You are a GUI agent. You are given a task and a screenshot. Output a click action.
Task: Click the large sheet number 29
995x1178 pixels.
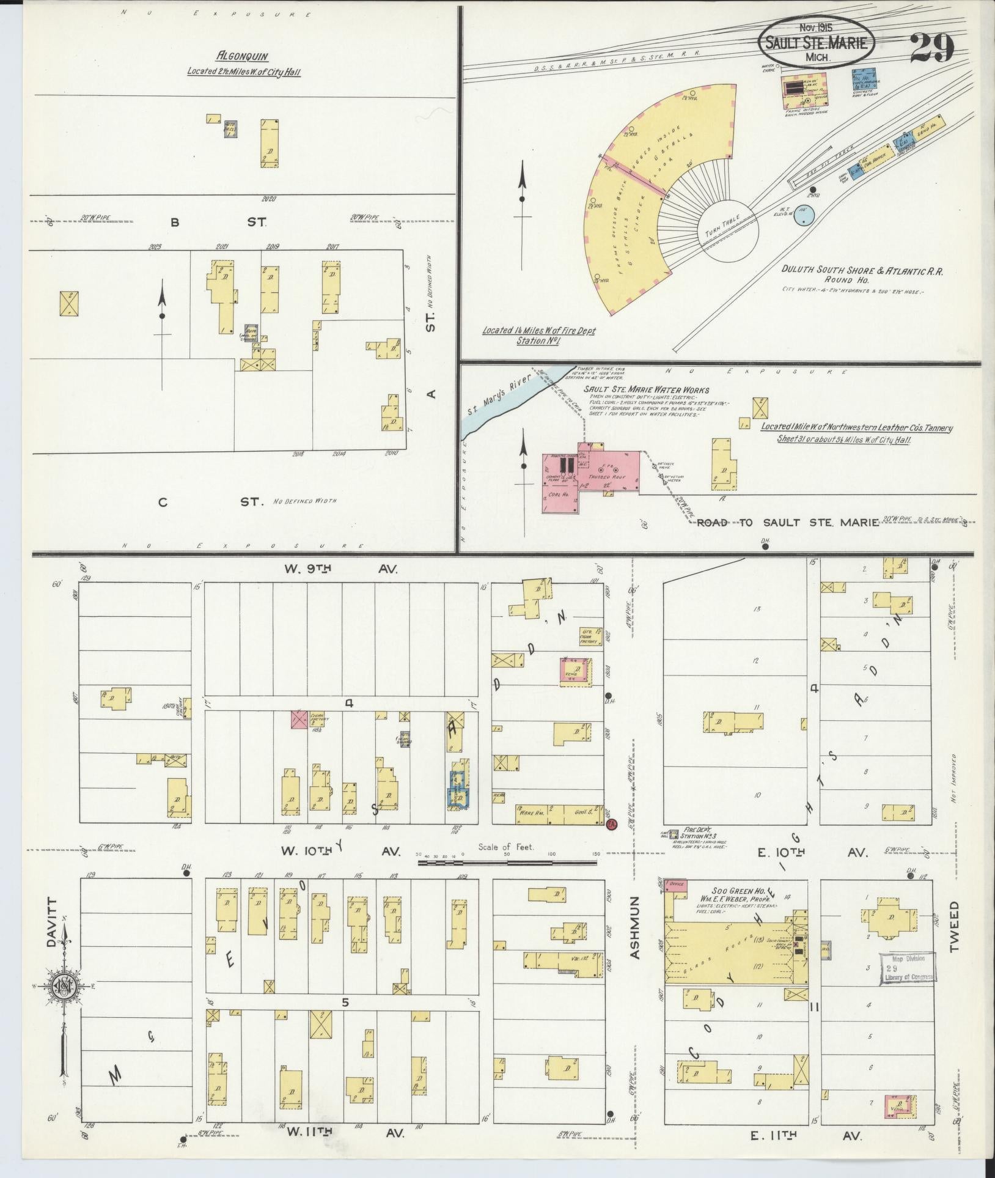click(931, 48)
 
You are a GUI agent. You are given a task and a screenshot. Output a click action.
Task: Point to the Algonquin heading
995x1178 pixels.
click(243, 56)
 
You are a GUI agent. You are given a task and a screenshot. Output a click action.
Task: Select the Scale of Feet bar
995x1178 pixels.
click(507, 863)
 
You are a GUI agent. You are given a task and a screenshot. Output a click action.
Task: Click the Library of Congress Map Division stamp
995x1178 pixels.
click(907, 986)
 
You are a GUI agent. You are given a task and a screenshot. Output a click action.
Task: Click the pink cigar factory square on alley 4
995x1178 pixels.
click(299, 718)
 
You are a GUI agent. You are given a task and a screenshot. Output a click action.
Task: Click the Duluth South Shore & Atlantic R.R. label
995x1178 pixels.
click(862, 270)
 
